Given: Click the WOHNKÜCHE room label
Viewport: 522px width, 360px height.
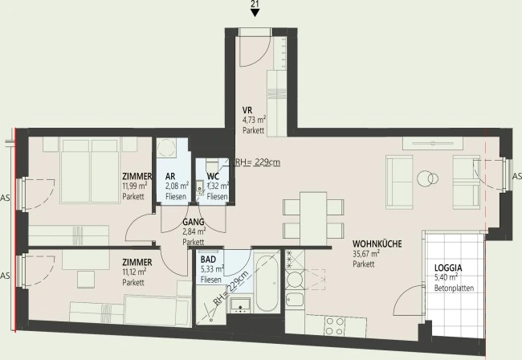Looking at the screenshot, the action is tap(377, 243).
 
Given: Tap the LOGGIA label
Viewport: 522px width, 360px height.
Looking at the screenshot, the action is tap(448, 268).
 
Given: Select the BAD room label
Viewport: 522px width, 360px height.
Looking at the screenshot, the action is tap(208, 260).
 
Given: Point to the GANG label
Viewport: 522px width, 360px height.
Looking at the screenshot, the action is tap(194, 222).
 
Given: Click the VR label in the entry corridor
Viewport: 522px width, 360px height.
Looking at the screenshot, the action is tap(247, 110).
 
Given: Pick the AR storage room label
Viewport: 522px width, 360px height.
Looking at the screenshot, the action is tap(170, 176).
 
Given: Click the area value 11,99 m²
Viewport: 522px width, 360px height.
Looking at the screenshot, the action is tap(135, 186).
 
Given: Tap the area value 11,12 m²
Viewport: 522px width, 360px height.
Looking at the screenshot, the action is tap(134, 272).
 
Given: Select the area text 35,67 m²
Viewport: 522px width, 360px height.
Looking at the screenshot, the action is tap(366, 254).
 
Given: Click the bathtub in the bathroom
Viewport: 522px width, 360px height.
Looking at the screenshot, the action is tap(267, 282).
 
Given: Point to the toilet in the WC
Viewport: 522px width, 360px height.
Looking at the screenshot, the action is tap(212, 166).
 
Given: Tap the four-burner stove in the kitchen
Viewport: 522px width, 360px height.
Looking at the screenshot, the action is tap(335, 326).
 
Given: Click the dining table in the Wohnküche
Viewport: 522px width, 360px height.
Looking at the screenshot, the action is tap(313, 219).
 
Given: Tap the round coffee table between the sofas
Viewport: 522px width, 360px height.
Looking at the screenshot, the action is tap(427, 179).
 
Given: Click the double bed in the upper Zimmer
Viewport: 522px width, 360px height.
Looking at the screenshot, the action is tap(90, 171).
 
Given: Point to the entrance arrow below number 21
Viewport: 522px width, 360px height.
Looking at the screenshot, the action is tap(255, 13).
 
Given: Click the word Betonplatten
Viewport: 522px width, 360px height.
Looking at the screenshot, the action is tap(454, 288).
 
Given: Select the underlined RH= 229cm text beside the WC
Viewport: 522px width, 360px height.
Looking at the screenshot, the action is tap(258, 162).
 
